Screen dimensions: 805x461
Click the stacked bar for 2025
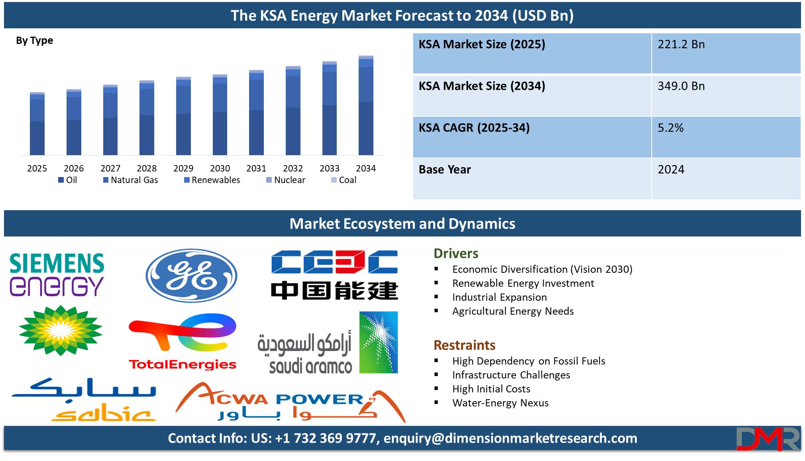[37, 124]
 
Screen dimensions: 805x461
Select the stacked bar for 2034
[366, 105]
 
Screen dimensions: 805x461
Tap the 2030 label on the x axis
[220, 168]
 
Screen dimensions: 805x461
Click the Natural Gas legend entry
[131, 180]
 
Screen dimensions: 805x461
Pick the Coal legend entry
[344, 180]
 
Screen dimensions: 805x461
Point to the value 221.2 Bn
[681, 44]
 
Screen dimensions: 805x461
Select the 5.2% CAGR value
[671, 128]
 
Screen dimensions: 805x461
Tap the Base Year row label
[445, 169]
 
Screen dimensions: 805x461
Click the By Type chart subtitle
[34, 41]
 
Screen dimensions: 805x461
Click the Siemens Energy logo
[57, 275]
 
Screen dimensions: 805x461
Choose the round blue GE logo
[192, 276]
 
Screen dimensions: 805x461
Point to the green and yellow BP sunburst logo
[61, 331]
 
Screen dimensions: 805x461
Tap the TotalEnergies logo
[183, 342]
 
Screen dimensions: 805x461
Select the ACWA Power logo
[291, 402]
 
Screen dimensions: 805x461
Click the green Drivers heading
[456, 254]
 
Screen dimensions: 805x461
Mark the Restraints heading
[464, 345]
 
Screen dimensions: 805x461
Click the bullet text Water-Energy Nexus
[501, 403]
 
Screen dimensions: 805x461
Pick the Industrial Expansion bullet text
[499, 297]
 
